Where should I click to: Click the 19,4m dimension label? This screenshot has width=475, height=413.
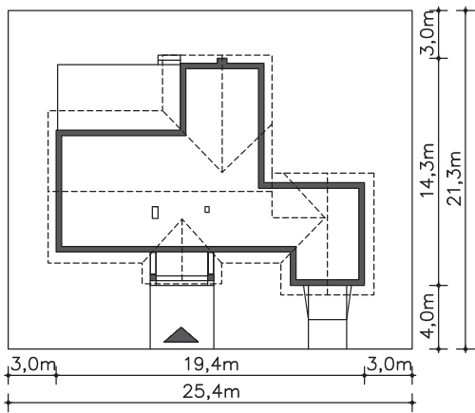[211, 365]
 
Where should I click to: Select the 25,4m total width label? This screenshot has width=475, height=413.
[211, 392]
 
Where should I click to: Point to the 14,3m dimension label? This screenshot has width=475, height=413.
[427, 170]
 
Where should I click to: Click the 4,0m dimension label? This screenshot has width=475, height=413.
[427, 316]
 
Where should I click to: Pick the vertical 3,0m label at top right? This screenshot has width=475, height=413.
[427, 33]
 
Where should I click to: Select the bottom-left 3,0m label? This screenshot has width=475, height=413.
[33, 365]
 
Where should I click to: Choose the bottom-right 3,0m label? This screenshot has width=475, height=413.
[389, 365]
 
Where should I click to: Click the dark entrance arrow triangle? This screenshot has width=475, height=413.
[181, 335]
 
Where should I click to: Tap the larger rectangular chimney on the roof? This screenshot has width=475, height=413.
[155, 212]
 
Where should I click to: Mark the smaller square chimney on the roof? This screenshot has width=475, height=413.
[207, 209]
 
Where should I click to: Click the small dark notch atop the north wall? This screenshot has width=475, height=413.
[222, 61]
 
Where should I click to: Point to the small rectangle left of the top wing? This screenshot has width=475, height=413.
[169, 60]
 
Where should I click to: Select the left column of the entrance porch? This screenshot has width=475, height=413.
[153, 267]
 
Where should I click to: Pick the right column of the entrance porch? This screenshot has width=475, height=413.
[211, 267]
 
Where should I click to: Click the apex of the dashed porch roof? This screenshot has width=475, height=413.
[182, 219]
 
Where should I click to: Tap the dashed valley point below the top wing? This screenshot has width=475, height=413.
[222, 172]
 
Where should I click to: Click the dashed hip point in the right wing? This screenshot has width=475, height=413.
[325, 217]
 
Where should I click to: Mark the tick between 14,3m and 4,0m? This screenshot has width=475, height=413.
[439, 285]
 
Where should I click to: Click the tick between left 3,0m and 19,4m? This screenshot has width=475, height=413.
[56, 375]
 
